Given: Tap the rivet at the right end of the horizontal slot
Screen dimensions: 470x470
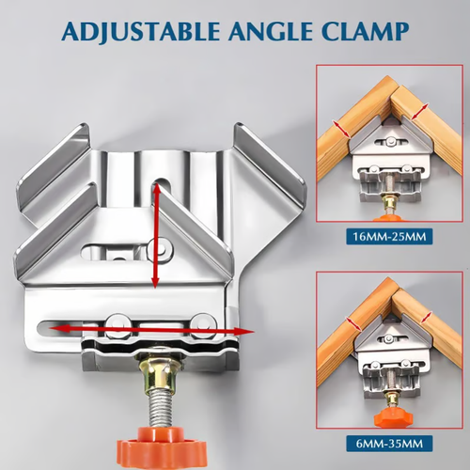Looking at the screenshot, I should click(x=199, y=323).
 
